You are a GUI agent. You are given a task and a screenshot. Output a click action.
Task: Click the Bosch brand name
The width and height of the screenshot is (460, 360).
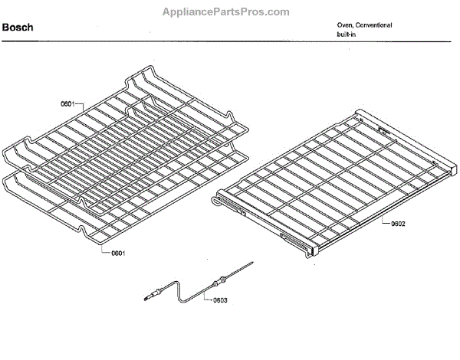[x=17, y=28]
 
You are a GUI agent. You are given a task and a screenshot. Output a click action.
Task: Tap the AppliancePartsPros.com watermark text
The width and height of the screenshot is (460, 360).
[x=226, y=11]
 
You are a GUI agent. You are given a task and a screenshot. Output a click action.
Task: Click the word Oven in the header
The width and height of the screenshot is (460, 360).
[x=345, y=25]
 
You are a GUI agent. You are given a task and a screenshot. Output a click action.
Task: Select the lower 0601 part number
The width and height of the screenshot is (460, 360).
[x=117, y=252]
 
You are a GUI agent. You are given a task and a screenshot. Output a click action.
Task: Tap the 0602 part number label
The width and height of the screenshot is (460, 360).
[x=397, y=224]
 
